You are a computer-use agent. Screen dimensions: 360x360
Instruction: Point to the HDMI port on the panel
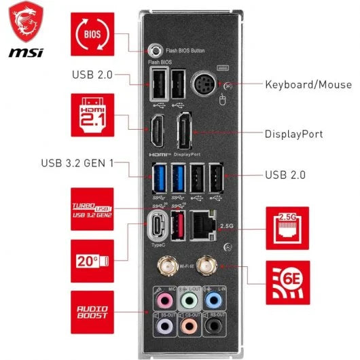pyautogui.click(x=156, y=132)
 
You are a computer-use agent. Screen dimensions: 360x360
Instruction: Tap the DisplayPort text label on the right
pyautogui.click(x=294, y=134)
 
